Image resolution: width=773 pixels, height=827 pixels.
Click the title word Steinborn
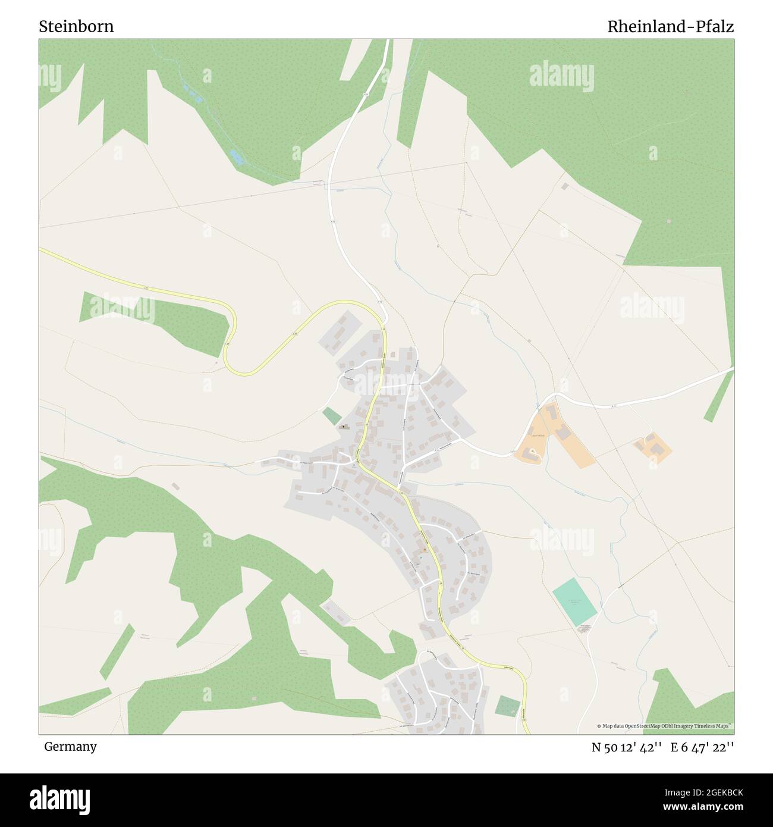coord(76,27)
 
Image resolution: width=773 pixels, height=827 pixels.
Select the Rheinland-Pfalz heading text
coord(670,27)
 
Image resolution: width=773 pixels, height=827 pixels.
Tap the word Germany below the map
coord(70,746)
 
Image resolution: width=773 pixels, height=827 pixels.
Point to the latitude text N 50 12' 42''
coord(627,747)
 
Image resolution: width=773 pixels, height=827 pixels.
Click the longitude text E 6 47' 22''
coord(702,747)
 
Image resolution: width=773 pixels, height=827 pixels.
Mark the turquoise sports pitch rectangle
coord(574,601)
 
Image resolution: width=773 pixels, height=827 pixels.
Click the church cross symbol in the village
coord(344,426)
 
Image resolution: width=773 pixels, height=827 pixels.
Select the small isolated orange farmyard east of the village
coord(653,447)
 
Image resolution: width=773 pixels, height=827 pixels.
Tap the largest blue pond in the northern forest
coord(237,156)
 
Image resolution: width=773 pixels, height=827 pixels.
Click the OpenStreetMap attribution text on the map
coord(665,726)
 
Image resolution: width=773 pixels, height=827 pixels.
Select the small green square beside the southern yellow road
coord(507,706)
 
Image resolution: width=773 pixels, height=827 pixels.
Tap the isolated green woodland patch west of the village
coord(155,321)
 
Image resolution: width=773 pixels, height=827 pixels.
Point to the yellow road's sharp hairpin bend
coord(231,351)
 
